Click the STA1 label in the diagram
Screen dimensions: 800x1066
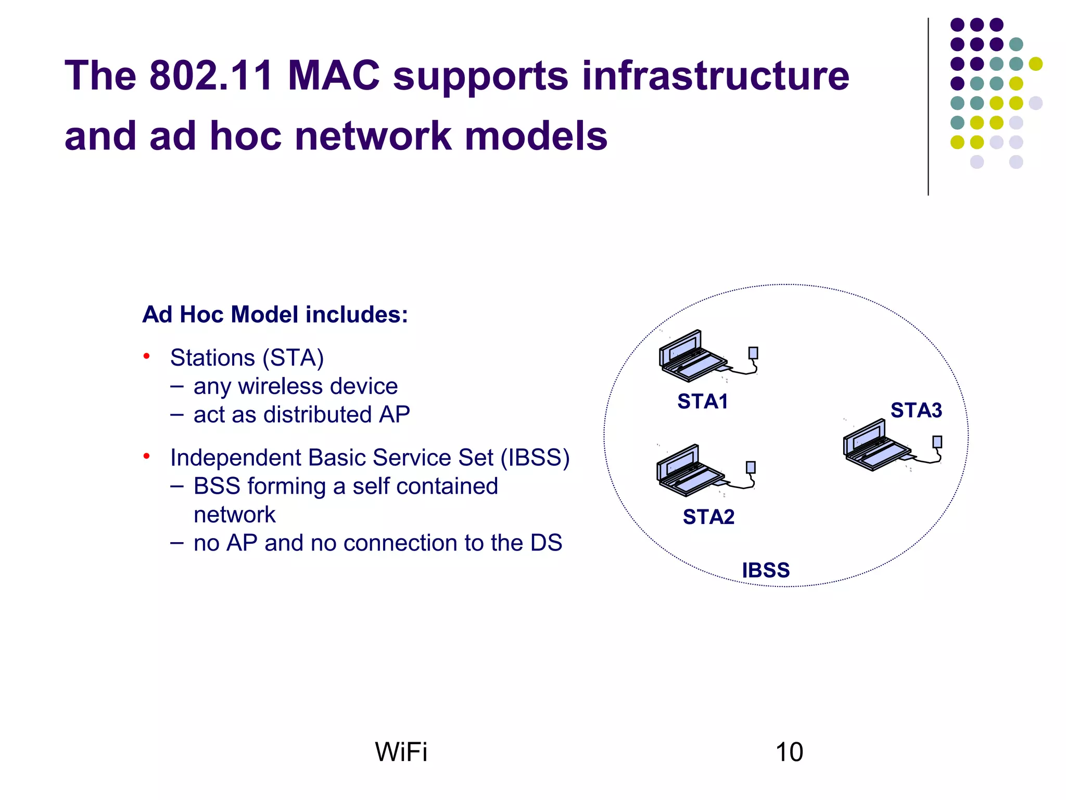click(x=702, y=402)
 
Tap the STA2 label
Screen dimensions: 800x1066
click(x=708, y=517)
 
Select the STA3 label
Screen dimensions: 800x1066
click(x=916, y=410)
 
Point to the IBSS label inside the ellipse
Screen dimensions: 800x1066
click(x=766, y=570)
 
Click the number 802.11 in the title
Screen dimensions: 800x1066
click(x=211, y=76)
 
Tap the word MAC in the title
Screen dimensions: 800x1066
click(x=333, y=76)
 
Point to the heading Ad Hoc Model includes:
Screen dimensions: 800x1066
click(x=275, y=315)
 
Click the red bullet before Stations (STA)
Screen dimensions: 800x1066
click(x=147, y=356)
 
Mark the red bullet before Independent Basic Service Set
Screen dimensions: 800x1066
click(x=147, y=456)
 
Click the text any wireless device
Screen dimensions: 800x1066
click(x=295, y=386)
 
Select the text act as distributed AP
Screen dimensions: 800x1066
click(x=301, y=415)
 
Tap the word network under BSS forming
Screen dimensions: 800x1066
click(x=234, y=515)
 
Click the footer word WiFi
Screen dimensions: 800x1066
click(x=401, y=752)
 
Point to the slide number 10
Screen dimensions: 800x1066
click(x=789, y=752)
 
